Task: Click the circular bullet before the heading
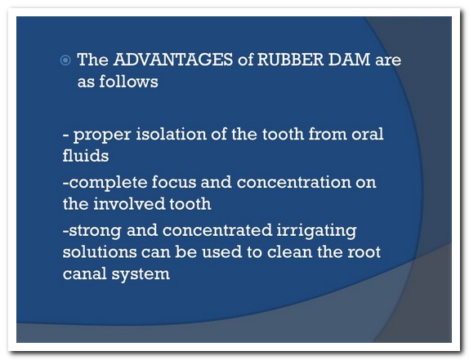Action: coord(65,60)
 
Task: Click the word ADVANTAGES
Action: coord(173,59)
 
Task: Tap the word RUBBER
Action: coord(290,59)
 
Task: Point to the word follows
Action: coord(128,81)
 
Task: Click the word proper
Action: coord(102,135)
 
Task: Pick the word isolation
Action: coord(171,134)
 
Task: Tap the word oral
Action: coord(368,134)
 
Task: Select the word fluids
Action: coord(86,155)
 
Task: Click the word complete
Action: coord(108,183)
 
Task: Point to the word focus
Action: coord(174,182)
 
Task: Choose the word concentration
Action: coord(293,182)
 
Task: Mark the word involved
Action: coord(129,203)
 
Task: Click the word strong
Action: coord(95,231)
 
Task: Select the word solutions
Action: coord(100,251)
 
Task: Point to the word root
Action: coord(364,252)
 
